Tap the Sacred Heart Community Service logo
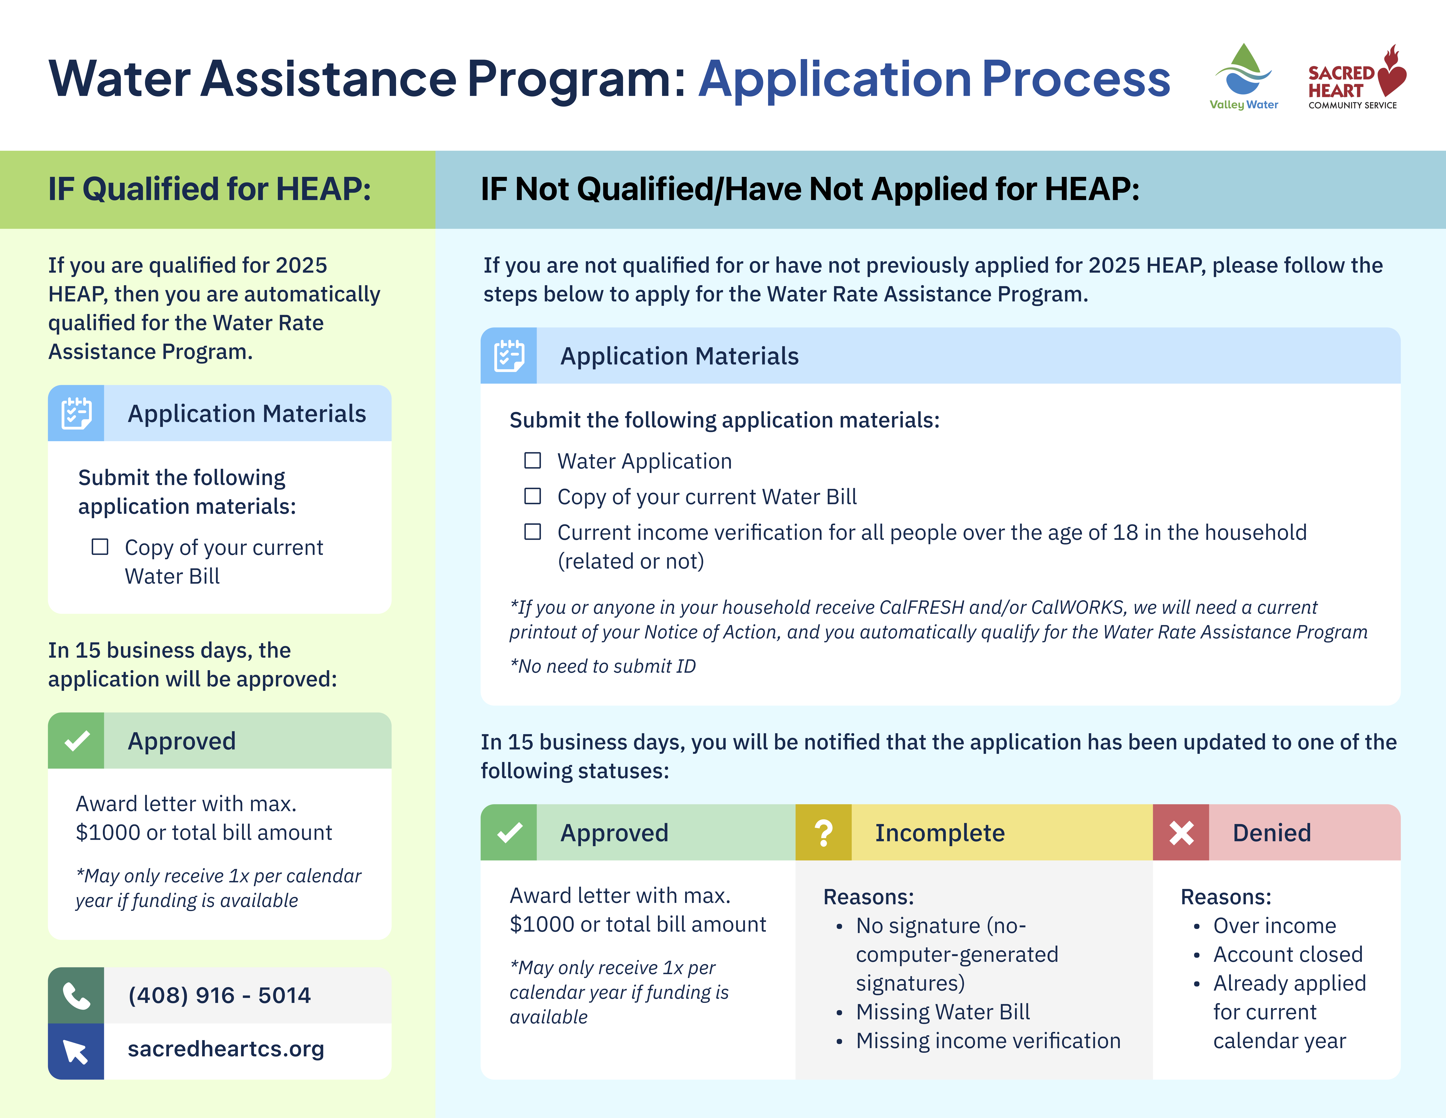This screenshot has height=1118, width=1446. click(1356, 78)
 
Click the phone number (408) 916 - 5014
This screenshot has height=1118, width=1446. click(219, 995)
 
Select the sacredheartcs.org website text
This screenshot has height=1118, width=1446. click(226, 1049)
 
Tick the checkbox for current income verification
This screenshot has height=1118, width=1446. click(532, 532)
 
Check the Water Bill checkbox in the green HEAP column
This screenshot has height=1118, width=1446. click(100, 547)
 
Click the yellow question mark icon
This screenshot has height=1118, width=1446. click(823, 833)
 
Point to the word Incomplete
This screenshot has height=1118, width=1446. click(940, 833)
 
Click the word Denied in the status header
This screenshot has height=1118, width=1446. click(1271, 833)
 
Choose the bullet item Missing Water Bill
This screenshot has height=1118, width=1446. click(943, 1012)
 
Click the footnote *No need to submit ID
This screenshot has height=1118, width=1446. click(603, 666)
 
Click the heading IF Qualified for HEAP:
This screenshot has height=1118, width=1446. click(209, 189)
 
